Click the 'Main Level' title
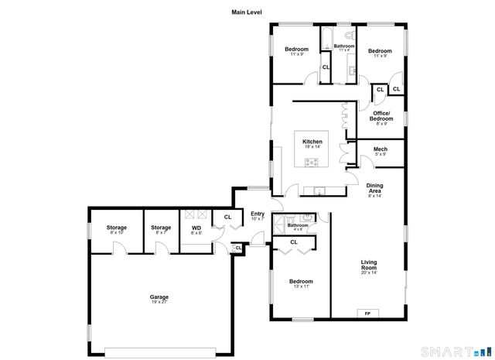(x=247, y=12)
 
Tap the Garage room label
(x=159, y=297)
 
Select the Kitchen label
(x=312, y=142)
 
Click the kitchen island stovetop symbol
(x=312, y=163)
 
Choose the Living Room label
(x=369, y=265)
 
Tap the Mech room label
(x=380, y=149)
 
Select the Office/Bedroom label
(x=381, y=116)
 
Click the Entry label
(x=258, y=214)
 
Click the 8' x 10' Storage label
(x=117, y=228)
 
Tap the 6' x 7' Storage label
(x=161, y=228)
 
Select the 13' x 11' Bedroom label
(x=301, y=281)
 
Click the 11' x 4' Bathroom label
(x=344, y=46)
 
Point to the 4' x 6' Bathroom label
(x=298, y=225)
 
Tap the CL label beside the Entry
(x=227, y=217)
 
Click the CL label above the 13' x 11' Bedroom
(x=294, y=242)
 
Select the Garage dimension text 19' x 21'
(x=159, y=302)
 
